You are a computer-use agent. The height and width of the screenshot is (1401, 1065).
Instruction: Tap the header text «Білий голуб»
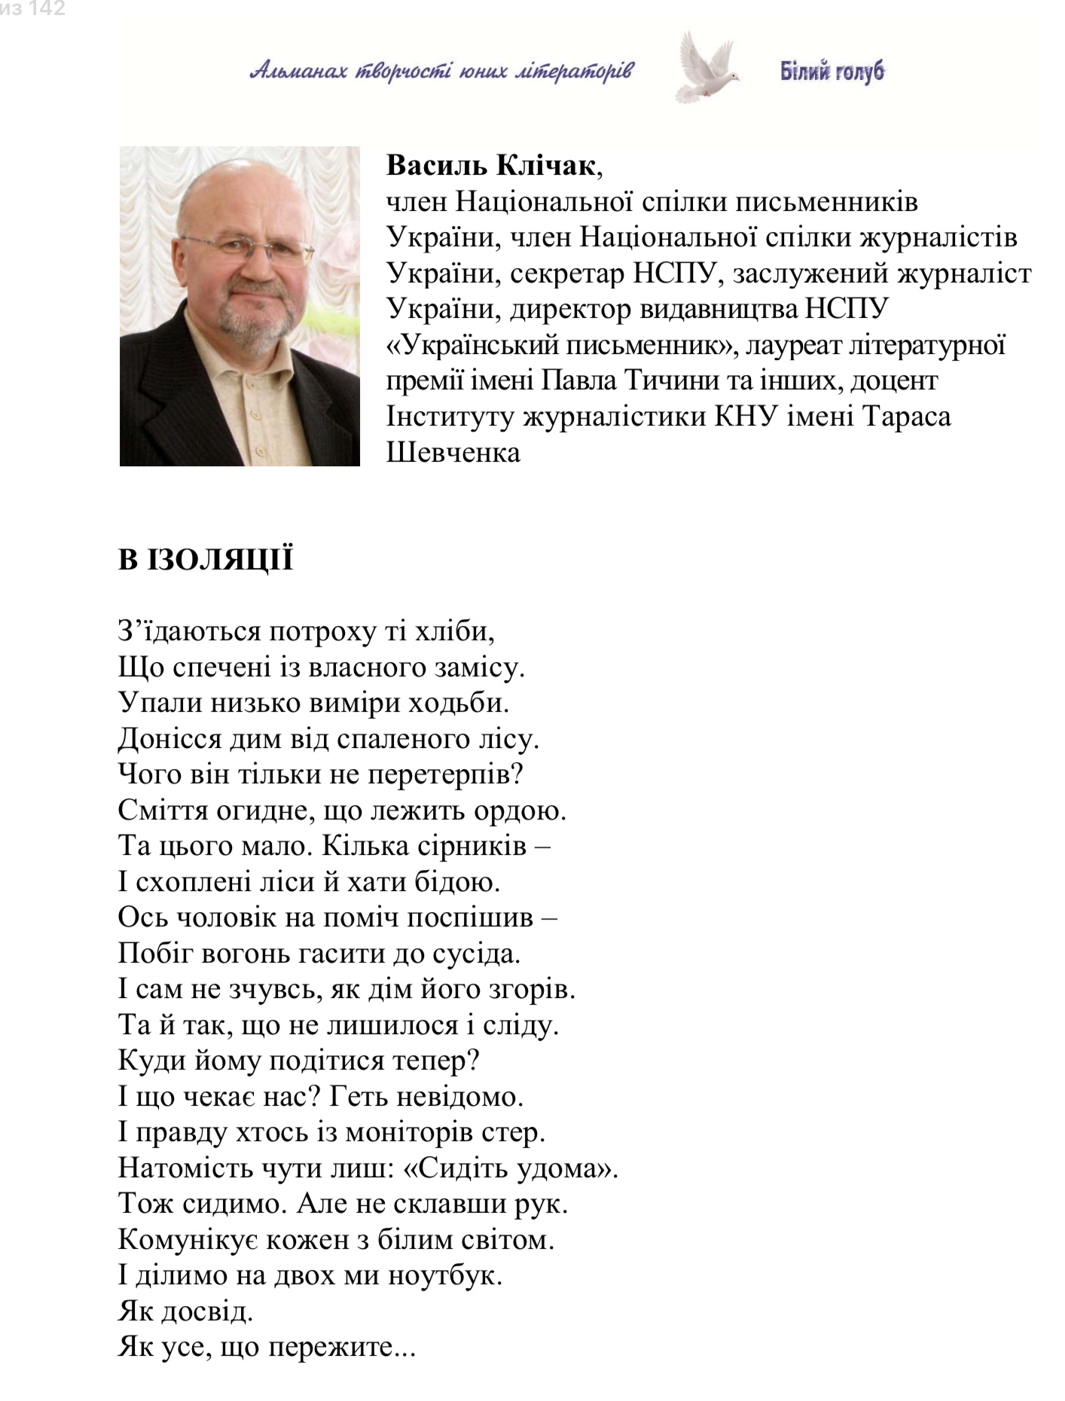pos(832,72)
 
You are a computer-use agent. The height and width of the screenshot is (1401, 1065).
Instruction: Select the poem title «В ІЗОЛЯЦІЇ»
pos(205,560)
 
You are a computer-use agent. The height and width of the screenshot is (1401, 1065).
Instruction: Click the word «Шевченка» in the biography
pos(453,452)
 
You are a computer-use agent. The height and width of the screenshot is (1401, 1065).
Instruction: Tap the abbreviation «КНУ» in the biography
pos(745,417)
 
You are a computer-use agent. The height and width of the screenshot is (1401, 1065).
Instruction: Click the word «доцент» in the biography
pos(894,380)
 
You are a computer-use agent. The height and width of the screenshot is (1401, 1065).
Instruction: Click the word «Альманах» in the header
pos(298,72)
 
